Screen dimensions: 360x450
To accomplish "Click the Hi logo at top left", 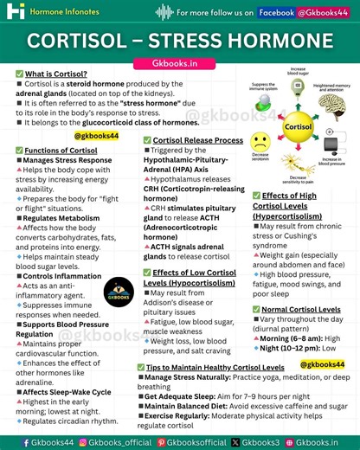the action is point(16,12).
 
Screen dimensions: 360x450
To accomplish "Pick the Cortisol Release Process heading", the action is point(198,139).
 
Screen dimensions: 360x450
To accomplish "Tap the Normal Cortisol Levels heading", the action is point(301,309).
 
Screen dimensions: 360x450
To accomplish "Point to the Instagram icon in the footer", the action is point(84,442).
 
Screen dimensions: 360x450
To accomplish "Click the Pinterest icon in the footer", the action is point(161,442).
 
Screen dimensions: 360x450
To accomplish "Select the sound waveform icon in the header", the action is point(163,12).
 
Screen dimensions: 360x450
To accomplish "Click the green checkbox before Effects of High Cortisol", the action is point(256,196).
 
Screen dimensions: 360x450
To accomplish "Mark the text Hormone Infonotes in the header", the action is point(67,13).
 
